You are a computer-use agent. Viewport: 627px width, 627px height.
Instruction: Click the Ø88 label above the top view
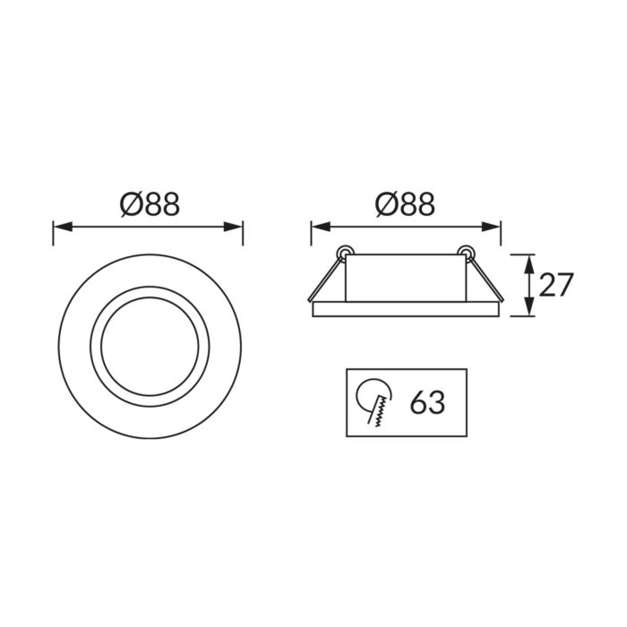pyautogui.click(x=150, y=204)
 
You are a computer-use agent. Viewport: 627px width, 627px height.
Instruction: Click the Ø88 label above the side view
pyautogui.click(x=405, y=204)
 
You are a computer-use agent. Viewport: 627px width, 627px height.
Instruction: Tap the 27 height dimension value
pyautogui.click(x=556, y=285)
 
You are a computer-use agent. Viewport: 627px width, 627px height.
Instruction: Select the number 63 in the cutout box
pyautogui.click(x=427, y=402)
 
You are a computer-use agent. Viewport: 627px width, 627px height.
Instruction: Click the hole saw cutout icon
pyautogui.click(x=374, y=402)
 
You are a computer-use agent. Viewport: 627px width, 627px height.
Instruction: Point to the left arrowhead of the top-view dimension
pyautogui.click(x=63, y=228)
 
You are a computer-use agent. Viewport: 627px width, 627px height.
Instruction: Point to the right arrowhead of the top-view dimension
pyautogui.click(x=233, y=228)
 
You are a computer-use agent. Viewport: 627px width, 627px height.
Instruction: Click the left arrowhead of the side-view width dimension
pyautogui.click(x=321, y=227)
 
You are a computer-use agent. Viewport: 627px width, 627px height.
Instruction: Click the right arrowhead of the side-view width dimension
pyautogui.click(x=491, y=227)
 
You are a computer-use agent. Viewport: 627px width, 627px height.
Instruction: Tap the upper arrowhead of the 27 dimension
pyautogui.click(x=529, y=263)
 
